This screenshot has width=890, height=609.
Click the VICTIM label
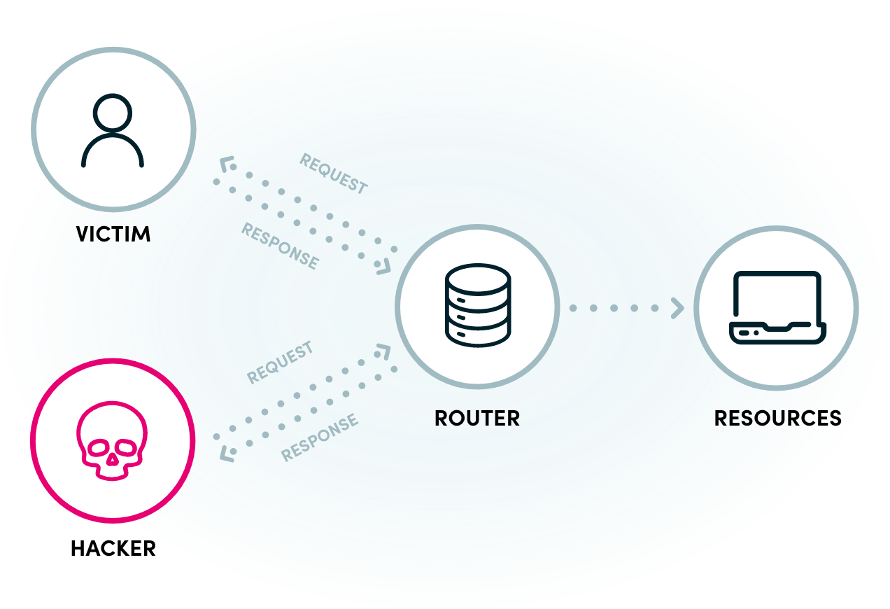(113, 233)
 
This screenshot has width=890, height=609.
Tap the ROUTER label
(477, 419)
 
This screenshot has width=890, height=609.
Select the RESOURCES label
(777, 419)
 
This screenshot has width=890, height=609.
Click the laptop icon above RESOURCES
(777, 307)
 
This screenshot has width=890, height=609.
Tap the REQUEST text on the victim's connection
(333, 173)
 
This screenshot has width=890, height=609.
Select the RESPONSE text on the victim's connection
(280, 246)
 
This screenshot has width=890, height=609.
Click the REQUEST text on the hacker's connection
(280, 363)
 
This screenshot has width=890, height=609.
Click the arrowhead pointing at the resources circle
(677, 308)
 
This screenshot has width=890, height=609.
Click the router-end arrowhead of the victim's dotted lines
(384, 267)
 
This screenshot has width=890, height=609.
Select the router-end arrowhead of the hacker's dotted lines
(384, 349)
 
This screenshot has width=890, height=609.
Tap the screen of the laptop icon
(777, 297)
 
